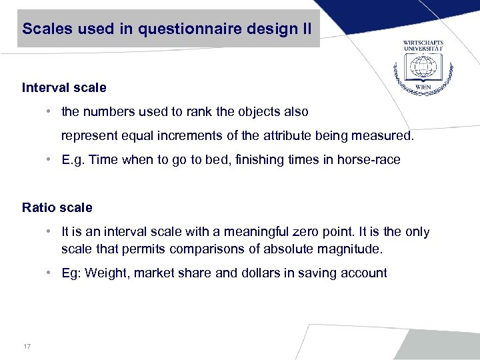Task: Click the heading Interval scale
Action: coord(64,87)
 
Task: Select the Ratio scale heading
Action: coord(57,207)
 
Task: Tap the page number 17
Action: coord(27,345)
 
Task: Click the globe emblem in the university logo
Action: coord(423,67)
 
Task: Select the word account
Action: coord(366,273)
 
